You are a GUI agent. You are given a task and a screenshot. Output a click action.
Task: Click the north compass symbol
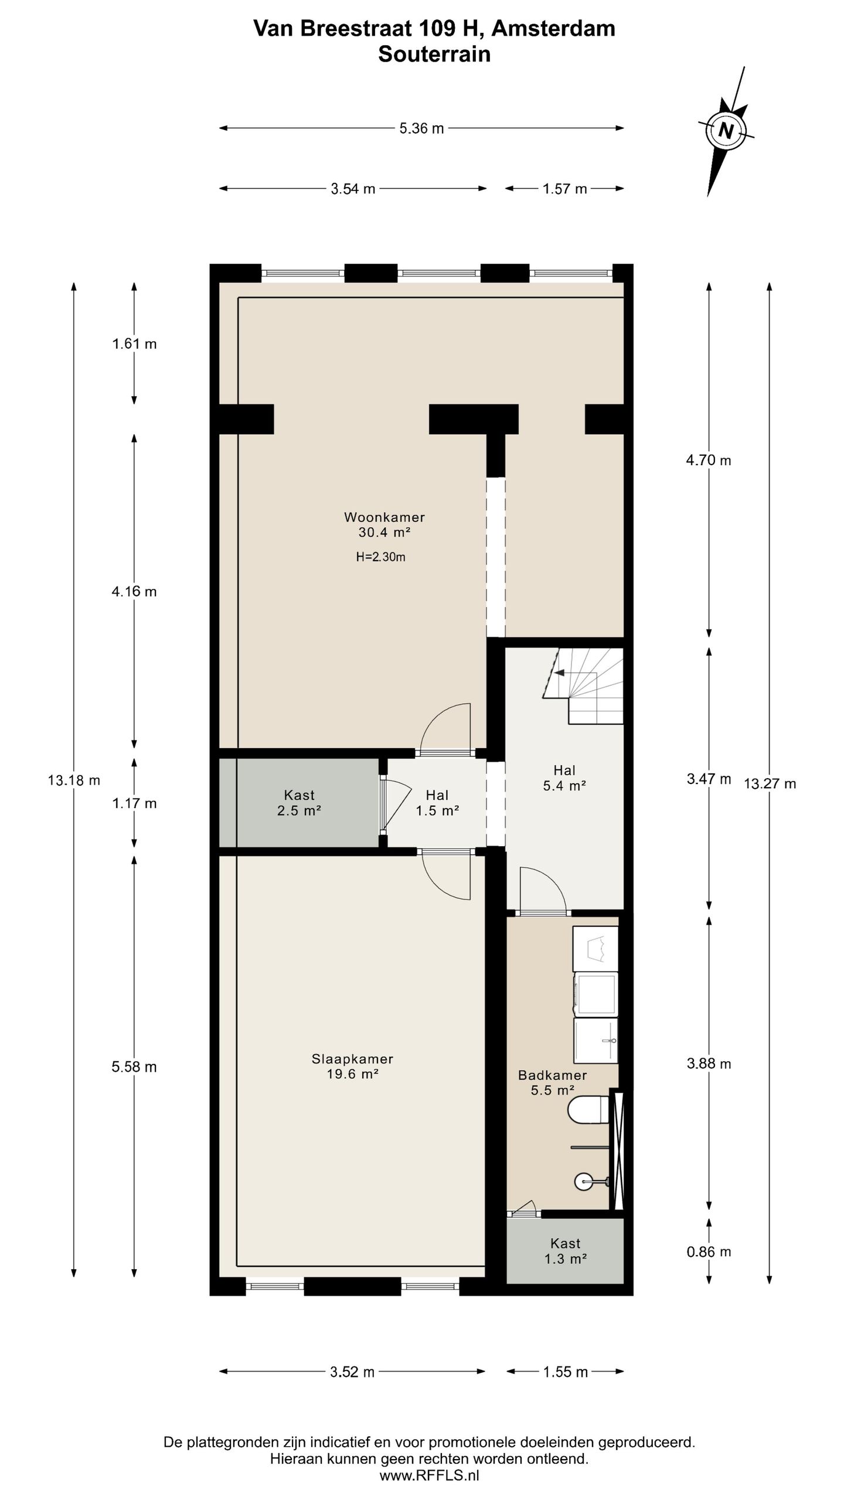point(726,130)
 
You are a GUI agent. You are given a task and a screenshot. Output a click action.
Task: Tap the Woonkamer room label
point(384,517)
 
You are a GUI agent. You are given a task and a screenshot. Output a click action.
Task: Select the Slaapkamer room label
point(352,1059)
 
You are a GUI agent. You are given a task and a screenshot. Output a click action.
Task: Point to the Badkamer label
point(552,1075)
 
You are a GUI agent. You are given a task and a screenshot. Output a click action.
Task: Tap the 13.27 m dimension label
point(770,783)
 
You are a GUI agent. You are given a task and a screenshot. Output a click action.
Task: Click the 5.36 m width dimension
point(421,128)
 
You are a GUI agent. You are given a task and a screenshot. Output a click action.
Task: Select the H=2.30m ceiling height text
point(381,557)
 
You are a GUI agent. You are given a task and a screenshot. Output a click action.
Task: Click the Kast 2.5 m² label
point(299,803)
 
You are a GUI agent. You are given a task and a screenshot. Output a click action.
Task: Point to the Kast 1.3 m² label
point(566,1250)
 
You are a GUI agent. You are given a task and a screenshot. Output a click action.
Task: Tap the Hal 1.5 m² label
point(437,803)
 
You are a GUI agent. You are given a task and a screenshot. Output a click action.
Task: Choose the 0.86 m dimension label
point(709,1252)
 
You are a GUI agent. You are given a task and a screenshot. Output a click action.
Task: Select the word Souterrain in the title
point(434,54)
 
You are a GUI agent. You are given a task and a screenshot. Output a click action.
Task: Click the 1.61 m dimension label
point(134,344)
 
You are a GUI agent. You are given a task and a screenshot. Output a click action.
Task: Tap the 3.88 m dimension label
point(709,1063)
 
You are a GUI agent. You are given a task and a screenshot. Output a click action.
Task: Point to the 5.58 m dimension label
point(134,1067)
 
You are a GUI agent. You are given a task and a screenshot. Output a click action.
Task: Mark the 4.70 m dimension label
point(709,461)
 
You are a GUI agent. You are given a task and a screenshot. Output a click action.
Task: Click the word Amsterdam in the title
point(553,28)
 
